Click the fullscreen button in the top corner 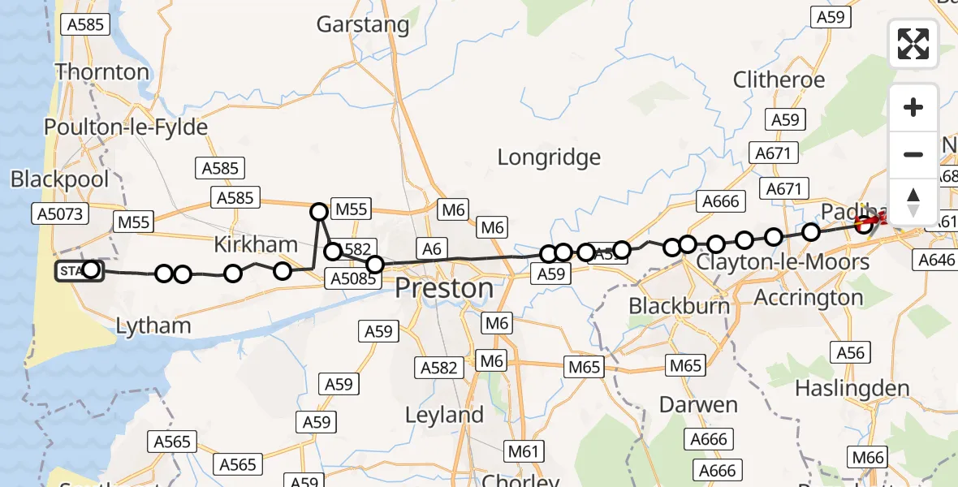913,44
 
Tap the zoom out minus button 913,154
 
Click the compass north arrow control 913,201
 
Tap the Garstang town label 362,24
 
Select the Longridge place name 549,157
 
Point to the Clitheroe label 779,80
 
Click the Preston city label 444,288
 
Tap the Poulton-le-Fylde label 126,127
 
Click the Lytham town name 153,325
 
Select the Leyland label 444,415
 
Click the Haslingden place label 852,388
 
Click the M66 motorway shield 865,458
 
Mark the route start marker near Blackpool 80,270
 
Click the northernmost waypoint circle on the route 319,212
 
